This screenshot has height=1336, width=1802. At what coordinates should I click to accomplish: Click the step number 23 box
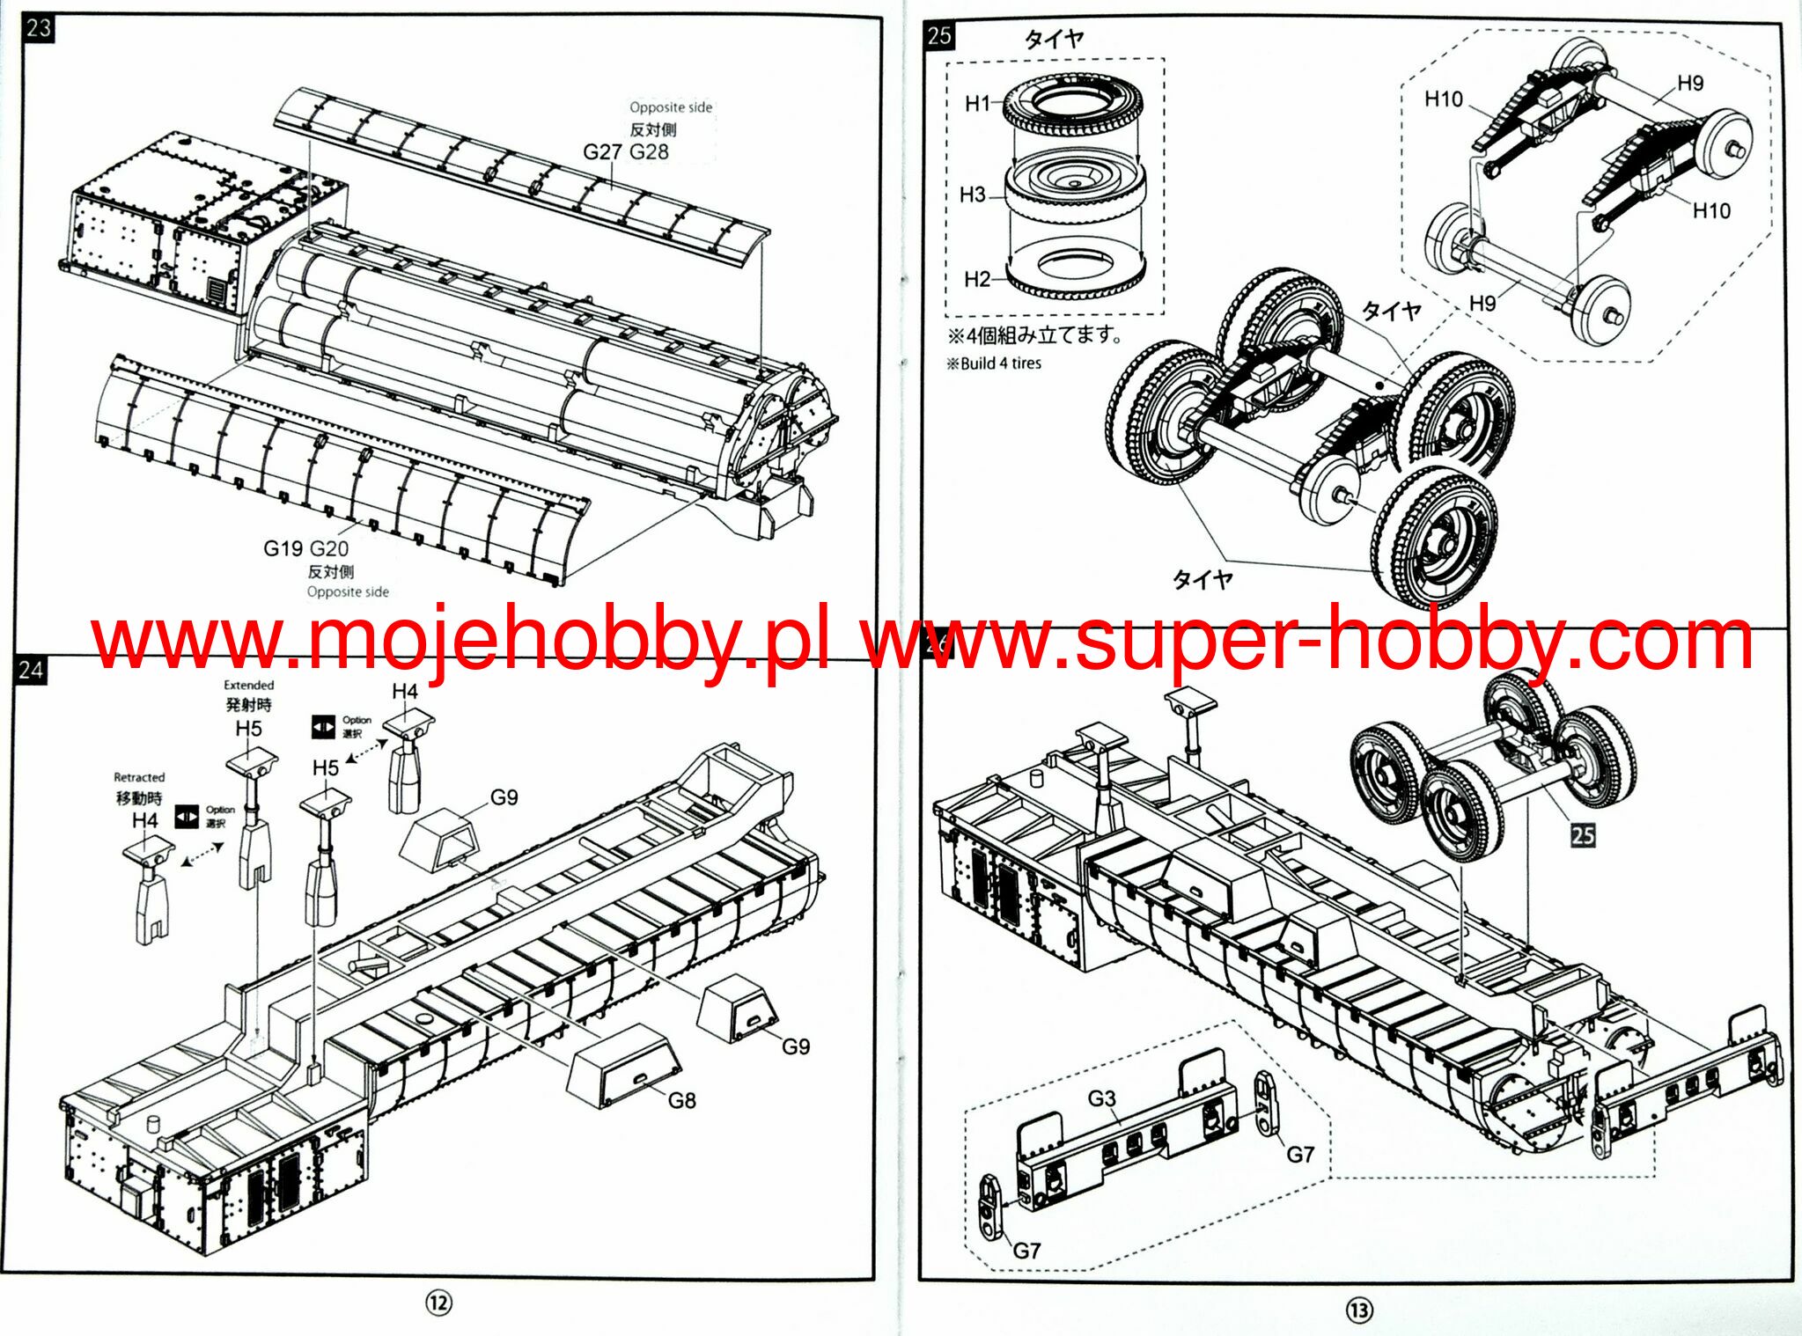pyautogui.click(x=38, y=28)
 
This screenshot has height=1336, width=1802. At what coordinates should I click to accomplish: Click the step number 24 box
pyautogui.click(x=30, y=670)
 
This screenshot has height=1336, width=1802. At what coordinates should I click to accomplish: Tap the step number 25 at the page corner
pyautogui.click(x=939, y=36)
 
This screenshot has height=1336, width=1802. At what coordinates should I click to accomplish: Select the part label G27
pyautogui.click(x=603, y=152)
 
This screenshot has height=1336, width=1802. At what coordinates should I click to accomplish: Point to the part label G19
pyautogui.click(x=283, y=548)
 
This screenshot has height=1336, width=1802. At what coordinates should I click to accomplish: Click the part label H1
pyautogui.click(x=978, y=104)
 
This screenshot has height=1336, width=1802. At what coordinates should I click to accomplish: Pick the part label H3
pyautogui.click(x=973, y=195)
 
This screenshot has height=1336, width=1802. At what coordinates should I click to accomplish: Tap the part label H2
pyautogui.click(x=977, y=280)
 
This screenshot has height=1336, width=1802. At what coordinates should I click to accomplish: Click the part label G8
pyautogui.click(x=681, y=1100)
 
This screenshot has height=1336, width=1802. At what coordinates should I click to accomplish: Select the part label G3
pyautogui.click(x=1101, y=1098)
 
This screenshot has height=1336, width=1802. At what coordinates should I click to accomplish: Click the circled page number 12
pyautogui.click(x=438, y=1303)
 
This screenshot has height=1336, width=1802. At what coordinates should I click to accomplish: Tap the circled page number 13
pyautogui.click(x=1358, y=1310)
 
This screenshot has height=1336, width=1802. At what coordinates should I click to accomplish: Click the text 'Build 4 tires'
pyautogui.click(x=1000, y=363)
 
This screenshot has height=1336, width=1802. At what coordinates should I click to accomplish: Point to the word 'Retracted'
pyautogui.click(x=139, y=777)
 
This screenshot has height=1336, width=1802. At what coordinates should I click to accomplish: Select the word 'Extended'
pyautogui.click(x=248, y=685)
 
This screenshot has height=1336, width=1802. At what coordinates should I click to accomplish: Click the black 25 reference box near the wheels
pyautogui.click(x=1582, y=834)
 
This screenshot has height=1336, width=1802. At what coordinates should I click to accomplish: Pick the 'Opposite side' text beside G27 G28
pyautogui.click(x=670, y=107)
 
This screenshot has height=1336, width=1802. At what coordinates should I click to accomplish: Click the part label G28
pyautogui.click(x=649, y=152)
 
